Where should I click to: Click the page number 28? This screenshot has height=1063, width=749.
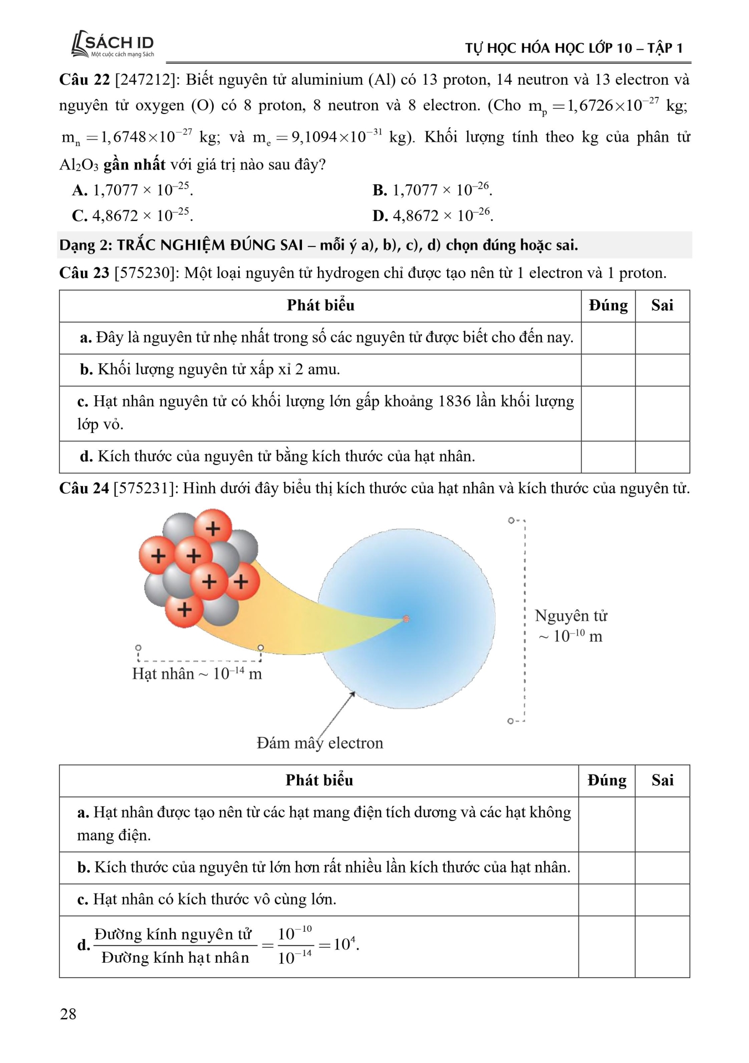tap(68, 1014)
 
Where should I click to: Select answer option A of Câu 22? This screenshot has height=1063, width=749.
tap(132, 190)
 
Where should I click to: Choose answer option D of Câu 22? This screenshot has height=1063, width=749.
tap(432, 215)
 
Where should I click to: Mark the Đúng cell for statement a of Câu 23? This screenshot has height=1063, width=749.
tap(608, 338)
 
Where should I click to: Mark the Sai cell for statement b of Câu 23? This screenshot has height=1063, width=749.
tap(662, 370)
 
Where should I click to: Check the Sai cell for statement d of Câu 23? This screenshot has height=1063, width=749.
tap(662, 457)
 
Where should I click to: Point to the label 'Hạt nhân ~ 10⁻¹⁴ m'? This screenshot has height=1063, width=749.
tap(197, 674)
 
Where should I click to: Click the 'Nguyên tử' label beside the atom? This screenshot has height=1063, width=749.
tap(571, 616)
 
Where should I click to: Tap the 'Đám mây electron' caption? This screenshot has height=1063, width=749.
tap(320, 743)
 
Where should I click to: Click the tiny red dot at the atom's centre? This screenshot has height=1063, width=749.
tap(406, 618)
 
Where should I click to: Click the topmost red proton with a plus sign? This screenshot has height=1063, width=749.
tap(213, 528)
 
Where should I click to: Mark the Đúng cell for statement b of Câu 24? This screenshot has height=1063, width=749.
tap(607, 868)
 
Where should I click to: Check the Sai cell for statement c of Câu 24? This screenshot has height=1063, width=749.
tap(662, 900)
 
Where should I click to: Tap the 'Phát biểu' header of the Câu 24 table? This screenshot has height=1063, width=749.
tap(319, 781)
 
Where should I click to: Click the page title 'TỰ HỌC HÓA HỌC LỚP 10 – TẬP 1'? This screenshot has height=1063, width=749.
tap(573, 48)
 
